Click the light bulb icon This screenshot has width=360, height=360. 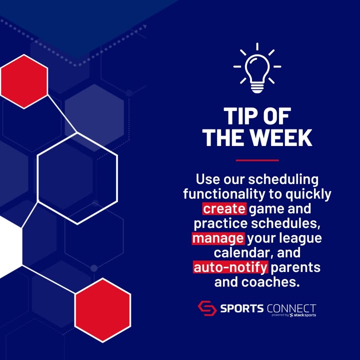[x=257, y=68]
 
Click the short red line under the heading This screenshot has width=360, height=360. [x=257, y=160]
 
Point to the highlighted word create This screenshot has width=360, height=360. [x=224, y=208]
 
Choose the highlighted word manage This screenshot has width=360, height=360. [x=218, y=238]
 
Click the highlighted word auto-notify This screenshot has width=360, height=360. [x=230, y=267]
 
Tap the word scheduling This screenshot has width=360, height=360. [x=283, y=180]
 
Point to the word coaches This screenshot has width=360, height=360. [x=270, y=282]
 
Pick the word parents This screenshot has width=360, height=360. [x=295, y=267]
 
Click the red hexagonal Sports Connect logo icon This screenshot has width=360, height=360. [x=207, y=308]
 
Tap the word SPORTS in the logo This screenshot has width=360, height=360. [x=242, y=308]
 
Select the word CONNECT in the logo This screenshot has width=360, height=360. [x=291, y=308]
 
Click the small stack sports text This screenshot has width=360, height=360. [x=303, y=315]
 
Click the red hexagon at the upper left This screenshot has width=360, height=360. [x=24, y=81]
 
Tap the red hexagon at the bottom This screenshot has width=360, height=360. [x=102, y=310]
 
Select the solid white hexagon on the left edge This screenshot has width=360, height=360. [x=11, y=247]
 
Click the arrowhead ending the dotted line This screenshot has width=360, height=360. [x=145, y=27]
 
